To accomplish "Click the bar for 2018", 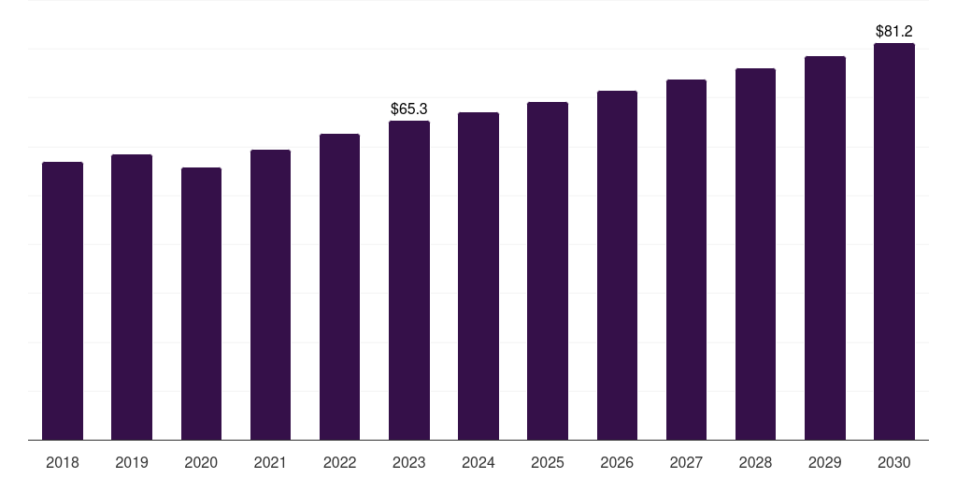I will (x=63, y=300).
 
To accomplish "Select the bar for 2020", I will (x=201, y=303).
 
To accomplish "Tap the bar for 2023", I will (x=409, y=280).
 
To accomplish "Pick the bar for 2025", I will (x=548, y=270).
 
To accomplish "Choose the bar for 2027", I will (x=686, y=259).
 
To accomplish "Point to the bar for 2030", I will (x=894, y=241).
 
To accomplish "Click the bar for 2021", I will (x=270, y=295).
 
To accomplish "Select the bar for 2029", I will (x=825, y=248).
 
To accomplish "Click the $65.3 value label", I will (x=409, y=109).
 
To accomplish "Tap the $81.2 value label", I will (x=894, y=32).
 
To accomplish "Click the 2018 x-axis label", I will (x=63, y=462).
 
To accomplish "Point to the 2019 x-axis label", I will (x=132, y=462).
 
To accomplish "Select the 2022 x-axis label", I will (x=340, y=462).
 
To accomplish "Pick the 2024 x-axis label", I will (x=478, y=462).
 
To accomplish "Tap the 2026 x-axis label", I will (x=617, y=462).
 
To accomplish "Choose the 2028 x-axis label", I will (x=755, y=462).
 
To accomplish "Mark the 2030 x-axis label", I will (x=894, y=462).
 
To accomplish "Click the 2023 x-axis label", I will (x=409, y=462).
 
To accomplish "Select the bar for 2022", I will (x=340, y=286).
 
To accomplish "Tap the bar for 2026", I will (x=617, y=265).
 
